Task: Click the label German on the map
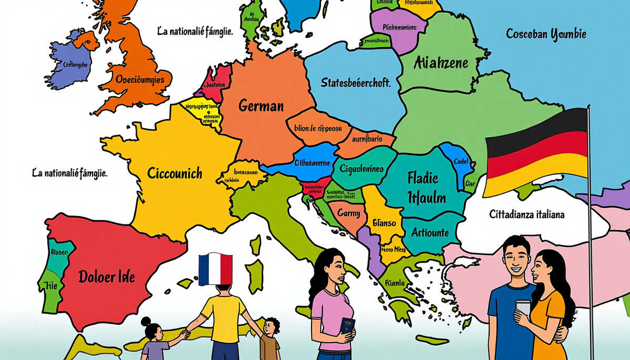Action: pos(261,106)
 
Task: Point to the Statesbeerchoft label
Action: pos(355,83)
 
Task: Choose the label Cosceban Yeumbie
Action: pos(546,35)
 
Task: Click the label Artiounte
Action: pos(430,232)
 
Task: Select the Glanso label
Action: pos(384,223)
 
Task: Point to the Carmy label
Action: pos(348,213)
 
